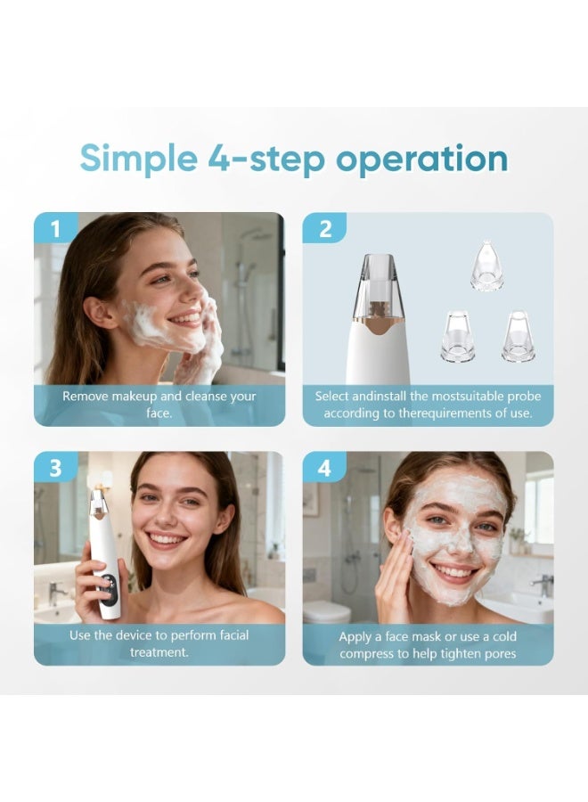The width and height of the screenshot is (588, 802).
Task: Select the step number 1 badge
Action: [55, 229]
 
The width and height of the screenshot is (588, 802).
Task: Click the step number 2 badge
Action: [324, 229]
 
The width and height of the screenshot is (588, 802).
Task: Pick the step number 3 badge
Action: [55, 468]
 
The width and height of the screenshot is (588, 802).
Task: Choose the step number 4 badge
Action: [324, 468]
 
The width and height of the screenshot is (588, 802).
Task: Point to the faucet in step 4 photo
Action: [540, 584]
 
